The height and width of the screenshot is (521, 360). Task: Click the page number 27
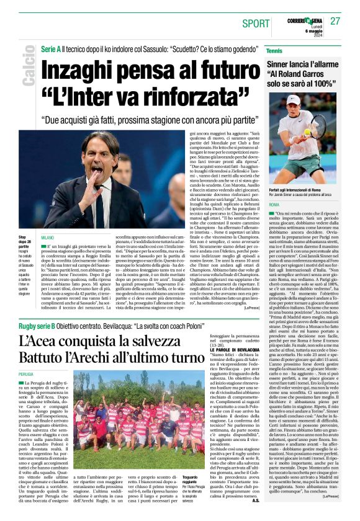tap(335, 20)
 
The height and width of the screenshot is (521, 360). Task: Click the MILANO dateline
tap(47, 238)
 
